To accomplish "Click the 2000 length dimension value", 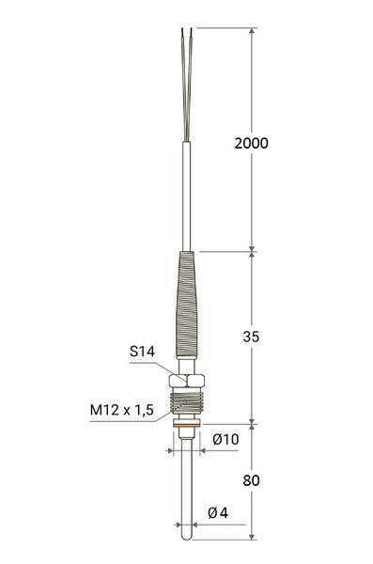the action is coord(251,143).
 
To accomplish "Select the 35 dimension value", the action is coord(251,337).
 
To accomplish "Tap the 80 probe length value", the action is coord(251,480).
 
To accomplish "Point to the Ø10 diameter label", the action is coord(225,439).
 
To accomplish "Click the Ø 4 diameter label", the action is coord(218,513).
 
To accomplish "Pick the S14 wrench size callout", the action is coord(142,351).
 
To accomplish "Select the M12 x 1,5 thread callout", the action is coord(121,410).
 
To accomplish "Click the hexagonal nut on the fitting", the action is coord(186,381).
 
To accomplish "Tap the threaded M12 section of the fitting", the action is coord(186,402).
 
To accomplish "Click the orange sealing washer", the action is coord(186,426).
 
